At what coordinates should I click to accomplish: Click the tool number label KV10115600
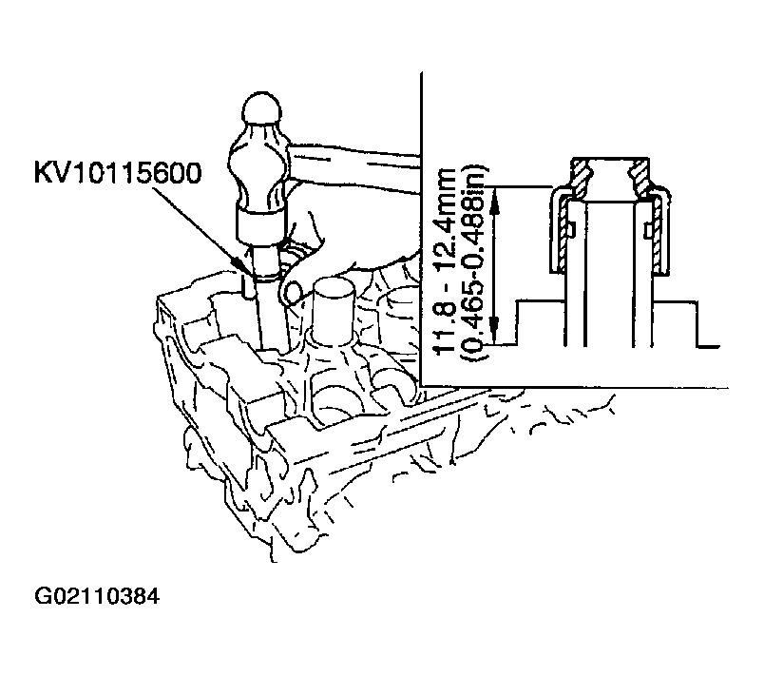[118, 173]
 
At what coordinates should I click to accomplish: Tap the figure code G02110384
[97, 596]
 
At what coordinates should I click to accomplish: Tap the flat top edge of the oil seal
[610, 159]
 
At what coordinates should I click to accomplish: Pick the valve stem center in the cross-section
[610, 273]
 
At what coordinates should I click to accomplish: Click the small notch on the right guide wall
[647, 230]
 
